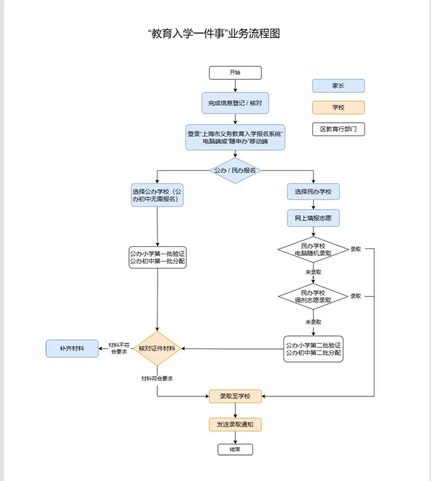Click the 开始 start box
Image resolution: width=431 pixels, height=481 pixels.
pos(235,73)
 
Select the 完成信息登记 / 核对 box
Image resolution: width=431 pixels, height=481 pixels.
pos(235,103)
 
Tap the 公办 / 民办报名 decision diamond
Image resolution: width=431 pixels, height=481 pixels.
pos(235,170)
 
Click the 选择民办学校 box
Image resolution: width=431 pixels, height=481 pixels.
pos(313,191)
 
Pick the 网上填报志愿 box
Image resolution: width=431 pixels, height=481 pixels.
pos(313,218)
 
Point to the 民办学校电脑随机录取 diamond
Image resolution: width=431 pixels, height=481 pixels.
pos(313,249)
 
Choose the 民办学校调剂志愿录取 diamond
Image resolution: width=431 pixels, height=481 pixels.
pos(313,296)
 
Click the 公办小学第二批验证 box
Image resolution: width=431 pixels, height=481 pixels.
pos(313,348)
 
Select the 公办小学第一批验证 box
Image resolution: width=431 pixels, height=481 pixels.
pos(157,257)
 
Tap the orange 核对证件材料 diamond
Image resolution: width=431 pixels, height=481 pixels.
pos(157,348)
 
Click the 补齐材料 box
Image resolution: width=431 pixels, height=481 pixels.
pos(72,348)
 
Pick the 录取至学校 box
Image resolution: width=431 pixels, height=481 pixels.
pos(235,395)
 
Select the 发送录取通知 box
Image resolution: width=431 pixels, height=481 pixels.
pos(235,425)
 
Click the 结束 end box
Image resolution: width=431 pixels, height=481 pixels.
pos(235,450)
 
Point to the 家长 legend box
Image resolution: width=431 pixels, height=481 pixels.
pos(338,86)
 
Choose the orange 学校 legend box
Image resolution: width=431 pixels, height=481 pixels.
pos(338,107)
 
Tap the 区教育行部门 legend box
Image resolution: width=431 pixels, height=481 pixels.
pos(338,129)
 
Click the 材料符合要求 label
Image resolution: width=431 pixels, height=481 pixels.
pos(157,378)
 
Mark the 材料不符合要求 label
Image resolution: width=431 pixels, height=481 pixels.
pos(118,348)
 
